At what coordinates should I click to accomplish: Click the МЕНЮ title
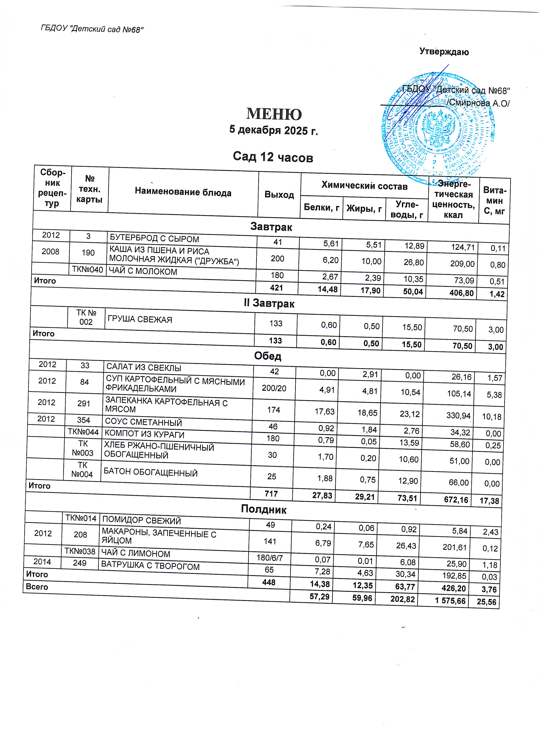[x=274, y=114]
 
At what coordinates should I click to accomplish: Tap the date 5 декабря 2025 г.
[x=273, y=131]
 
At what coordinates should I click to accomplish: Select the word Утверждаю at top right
[x=444, y=52]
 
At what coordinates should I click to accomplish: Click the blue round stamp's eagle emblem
[x=438, y=128]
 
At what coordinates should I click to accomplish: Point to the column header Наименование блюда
[x=183, y=192]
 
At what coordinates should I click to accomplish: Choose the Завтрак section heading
[x=271, y=227]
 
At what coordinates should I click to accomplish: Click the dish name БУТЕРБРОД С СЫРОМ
[x=154, y=239]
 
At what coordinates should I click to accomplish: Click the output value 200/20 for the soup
[x=274, y=388]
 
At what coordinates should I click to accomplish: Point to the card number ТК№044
[x=83, y=432]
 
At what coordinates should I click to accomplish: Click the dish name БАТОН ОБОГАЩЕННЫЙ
[x=150, y=473]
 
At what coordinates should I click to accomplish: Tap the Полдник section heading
[x=264, y=509]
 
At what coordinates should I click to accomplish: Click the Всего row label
[x=37, y=587]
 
